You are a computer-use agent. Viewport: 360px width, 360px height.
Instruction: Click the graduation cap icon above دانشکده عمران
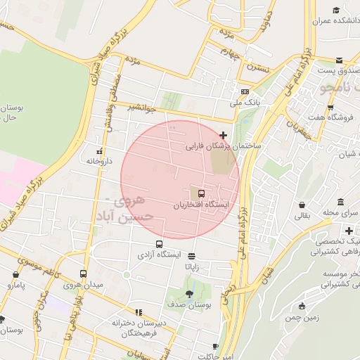[x=337, y=10]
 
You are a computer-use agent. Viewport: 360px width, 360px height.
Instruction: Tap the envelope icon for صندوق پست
[x=340, y=60]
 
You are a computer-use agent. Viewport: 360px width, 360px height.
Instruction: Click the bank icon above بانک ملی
[x=244, y=91]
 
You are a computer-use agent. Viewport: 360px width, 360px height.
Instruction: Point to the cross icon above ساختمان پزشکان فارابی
[x=224, y=135]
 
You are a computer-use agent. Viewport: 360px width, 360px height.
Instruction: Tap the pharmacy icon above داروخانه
[x=99, y=151]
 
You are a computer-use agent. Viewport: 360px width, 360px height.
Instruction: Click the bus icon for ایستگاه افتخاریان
[x=202, y=193]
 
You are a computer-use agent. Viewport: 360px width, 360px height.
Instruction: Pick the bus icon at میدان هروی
[x=84, y=274]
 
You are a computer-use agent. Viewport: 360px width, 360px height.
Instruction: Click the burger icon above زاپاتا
[x=191, y=257]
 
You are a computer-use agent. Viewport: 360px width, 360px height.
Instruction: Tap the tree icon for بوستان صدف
[x=188, y=293]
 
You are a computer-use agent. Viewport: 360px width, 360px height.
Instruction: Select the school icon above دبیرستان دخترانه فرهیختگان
[x=139, y=311]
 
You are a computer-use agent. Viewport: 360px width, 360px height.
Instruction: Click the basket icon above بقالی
[x=302, y=205]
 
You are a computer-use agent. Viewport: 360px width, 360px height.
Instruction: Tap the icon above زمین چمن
[x=302, y=306]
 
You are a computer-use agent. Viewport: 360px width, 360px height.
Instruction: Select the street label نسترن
[x=258, y=68]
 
